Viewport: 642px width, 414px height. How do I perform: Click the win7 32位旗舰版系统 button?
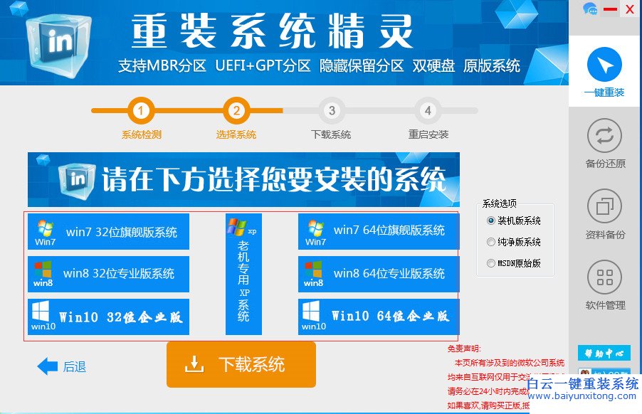(108, 232)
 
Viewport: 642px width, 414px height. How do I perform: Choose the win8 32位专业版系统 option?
(108, 274)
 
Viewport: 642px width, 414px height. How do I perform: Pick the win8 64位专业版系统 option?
(379, 274)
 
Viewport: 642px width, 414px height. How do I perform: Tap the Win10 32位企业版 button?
(108, 317)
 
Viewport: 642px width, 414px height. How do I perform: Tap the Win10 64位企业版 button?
(379, 317)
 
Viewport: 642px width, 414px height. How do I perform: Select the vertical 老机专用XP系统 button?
(243, 274)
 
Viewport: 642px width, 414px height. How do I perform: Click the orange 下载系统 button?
(241, 365)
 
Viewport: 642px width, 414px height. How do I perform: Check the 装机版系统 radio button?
(491, 221)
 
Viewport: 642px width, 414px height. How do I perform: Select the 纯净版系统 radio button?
(491, 242)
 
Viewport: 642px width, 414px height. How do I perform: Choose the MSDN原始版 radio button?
(491, 263)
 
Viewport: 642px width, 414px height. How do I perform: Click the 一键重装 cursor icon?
(604, 66)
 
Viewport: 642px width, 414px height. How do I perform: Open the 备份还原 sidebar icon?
(604, 136)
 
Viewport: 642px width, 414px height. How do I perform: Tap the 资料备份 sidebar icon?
(604, 207)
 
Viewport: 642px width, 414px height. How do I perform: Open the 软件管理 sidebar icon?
(604, 278)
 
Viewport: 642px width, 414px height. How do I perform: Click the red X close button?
(629, 9)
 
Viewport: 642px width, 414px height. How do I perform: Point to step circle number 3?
(332, 111)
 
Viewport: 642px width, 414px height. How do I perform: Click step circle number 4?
(427, 111)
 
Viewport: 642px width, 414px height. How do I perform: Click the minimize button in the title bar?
(610, 9)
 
